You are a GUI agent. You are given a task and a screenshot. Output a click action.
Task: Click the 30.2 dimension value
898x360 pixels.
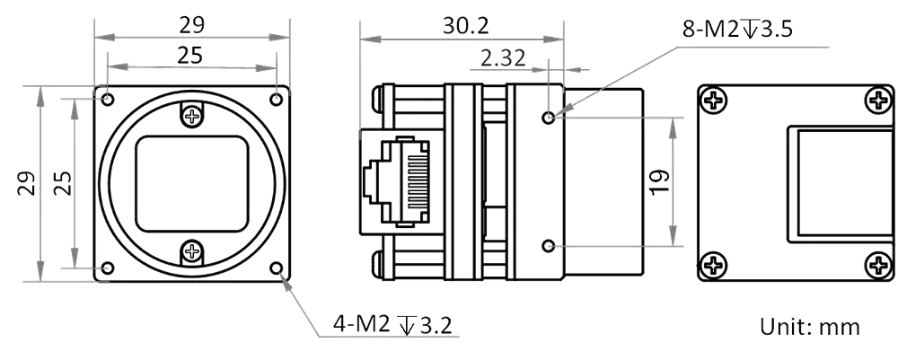[x=465, y=26]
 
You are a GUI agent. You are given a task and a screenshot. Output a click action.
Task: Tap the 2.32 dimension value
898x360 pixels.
[x=502, y=58]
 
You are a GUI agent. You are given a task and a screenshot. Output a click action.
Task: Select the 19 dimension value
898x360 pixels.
[x=660, y=182]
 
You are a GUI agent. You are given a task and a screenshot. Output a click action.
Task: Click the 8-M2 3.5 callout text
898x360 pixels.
[x=737, y=28]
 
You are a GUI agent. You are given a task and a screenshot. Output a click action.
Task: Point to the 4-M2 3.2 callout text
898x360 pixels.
[x=392, y=325]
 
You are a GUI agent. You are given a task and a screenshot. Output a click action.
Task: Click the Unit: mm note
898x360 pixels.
[x=810, y=327]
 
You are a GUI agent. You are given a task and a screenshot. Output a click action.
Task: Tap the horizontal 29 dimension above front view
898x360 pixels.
[x=192, y=25]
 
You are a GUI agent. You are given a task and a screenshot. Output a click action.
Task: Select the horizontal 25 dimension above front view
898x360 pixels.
[x=189, y=56]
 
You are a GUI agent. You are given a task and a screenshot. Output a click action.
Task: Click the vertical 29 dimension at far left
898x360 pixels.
[x=26, y=183]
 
